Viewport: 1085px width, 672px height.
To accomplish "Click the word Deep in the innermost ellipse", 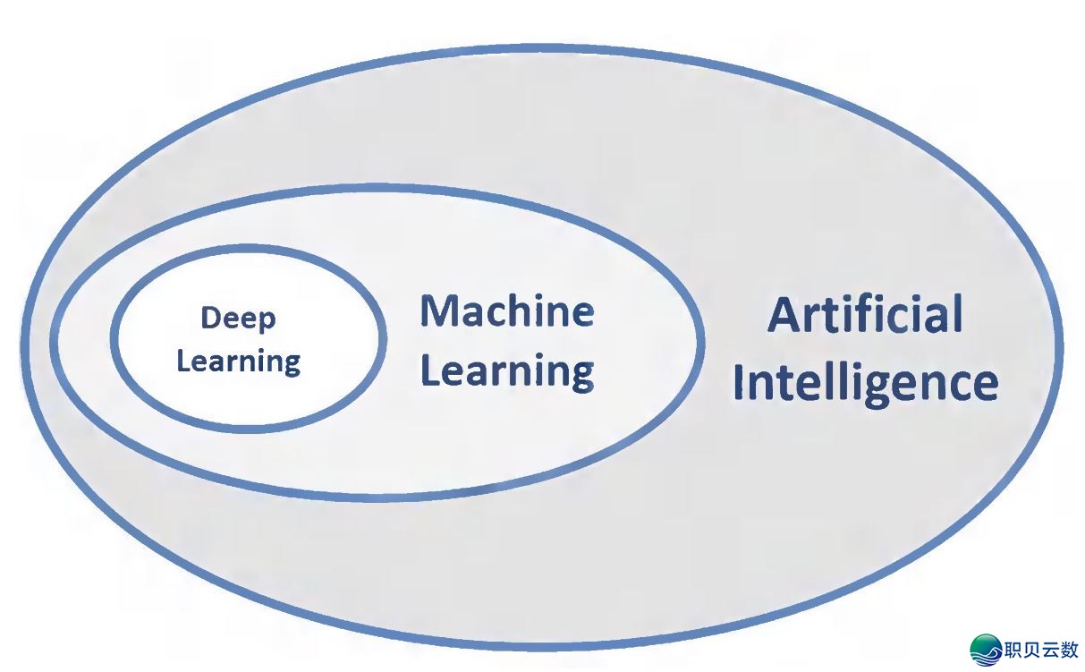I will coord(238,319).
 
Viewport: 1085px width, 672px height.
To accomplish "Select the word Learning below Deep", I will coord(238,362).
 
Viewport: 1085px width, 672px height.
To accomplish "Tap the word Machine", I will coord(507,311).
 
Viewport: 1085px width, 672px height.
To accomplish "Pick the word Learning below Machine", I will coord(507,370).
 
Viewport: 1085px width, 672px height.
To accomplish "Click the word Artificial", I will coord(865,315).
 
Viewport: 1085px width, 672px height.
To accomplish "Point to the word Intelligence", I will coord(865,383).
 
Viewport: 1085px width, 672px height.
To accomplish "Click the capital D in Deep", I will coord(211,319).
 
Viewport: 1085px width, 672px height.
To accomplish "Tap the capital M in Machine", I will coord(440,311).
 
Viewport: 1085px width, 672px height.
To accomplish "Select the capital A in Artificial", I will coord(784,316).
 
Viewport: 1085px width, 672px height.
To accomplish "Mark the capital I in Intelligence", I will coord(738,382).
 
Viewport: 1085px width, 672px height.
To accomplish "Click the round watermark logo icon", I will coord(986,651).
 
